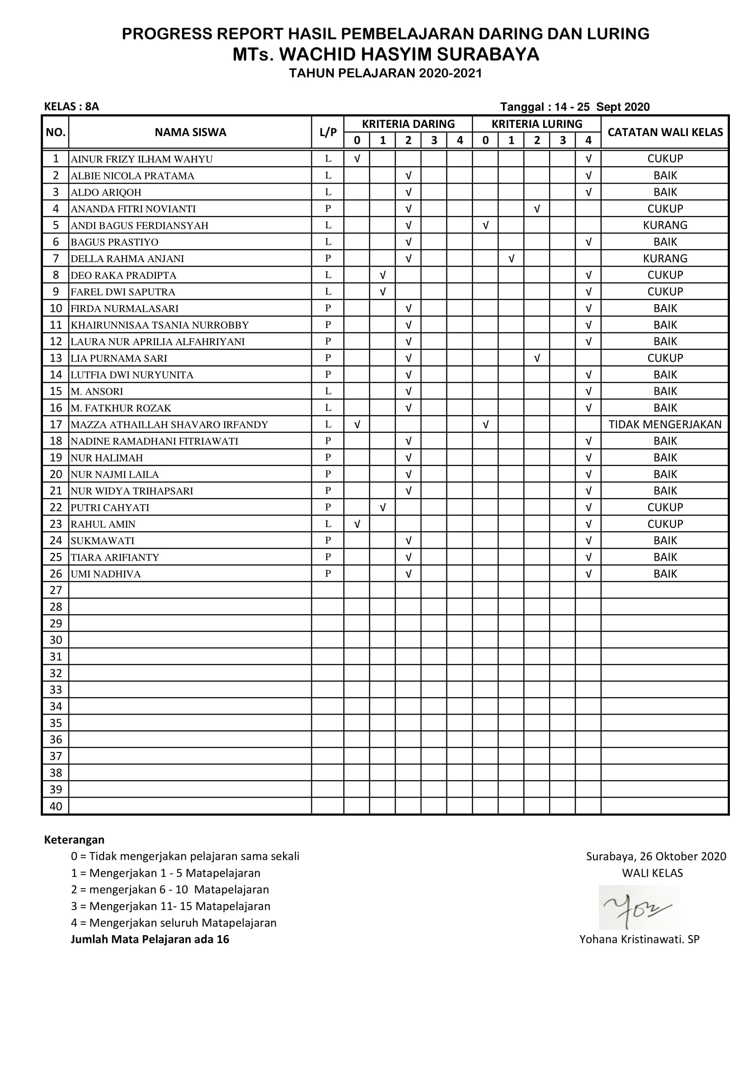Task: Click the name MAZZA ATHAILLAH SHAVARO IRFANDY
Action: (x=169, y=424)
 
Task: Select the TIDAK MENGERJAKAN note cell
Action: (x=665, y=424)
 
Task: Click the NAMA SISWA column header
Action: (x=190, y=132)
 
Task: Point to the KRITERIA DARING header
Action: (x=408, y=124)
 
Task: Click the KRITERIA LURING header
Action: (x=536, y=124)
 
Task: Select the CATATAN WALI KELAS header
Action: (x=665, y=132)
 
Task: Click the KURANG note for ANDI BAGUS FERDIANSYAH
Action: (x=665, y=225)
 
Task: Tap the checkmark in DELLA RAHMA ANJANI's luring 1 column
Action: (x=511, y=258)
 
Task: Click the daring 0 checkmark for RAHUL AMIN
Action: (x=357, y=524)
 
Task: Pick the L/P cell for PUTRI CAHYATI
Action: (x=328, y=507)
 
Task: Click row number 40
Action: (x=55, y=806)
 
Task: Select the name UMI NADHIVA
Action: (x=105, y=574)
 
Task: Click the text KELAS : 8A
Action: (x=71, y=106)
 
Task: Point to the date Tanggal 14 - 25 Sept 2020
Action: (x=574, y=107)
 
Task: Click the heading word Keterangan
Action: (x=74, y=840)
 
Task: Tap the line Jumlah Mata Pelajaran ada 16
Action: (x=150, y=939)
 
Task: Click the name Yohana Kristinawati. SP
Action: (x=639, y=939)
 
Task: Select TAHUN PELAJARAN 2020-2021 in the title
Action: (x=385, y=73)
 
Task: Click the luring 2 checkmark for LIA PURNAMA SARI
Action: (x=536, y=358)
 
